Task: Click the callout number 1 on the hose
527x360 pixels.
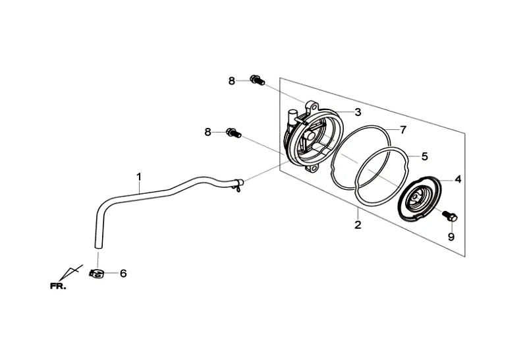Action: [139, 176]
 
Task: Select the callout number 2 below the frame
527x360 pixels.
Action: [358, 225]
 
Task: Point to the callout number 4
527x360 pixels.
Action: [457, 179]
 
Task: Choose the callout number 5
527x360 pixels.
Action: [424, 156]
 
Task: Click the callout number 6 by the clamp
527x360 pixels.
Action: [123, 273]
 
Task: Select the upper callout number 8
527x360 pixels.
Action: [232, 81]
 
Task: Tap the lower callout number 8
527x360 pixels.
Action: [208, 132]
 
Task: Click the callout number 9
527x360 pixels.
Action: [451, 237]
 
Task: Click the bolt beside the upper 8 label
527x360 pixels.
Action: [257, 81]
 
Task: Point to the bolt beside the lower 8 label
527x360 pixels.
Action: [233, 133]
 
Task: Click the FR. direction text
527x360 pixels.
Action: [58, 286]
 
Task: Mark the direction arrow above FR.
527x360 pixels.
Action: [69, 272]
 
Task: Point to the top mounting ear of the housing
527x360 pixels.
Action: [312, 105]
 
